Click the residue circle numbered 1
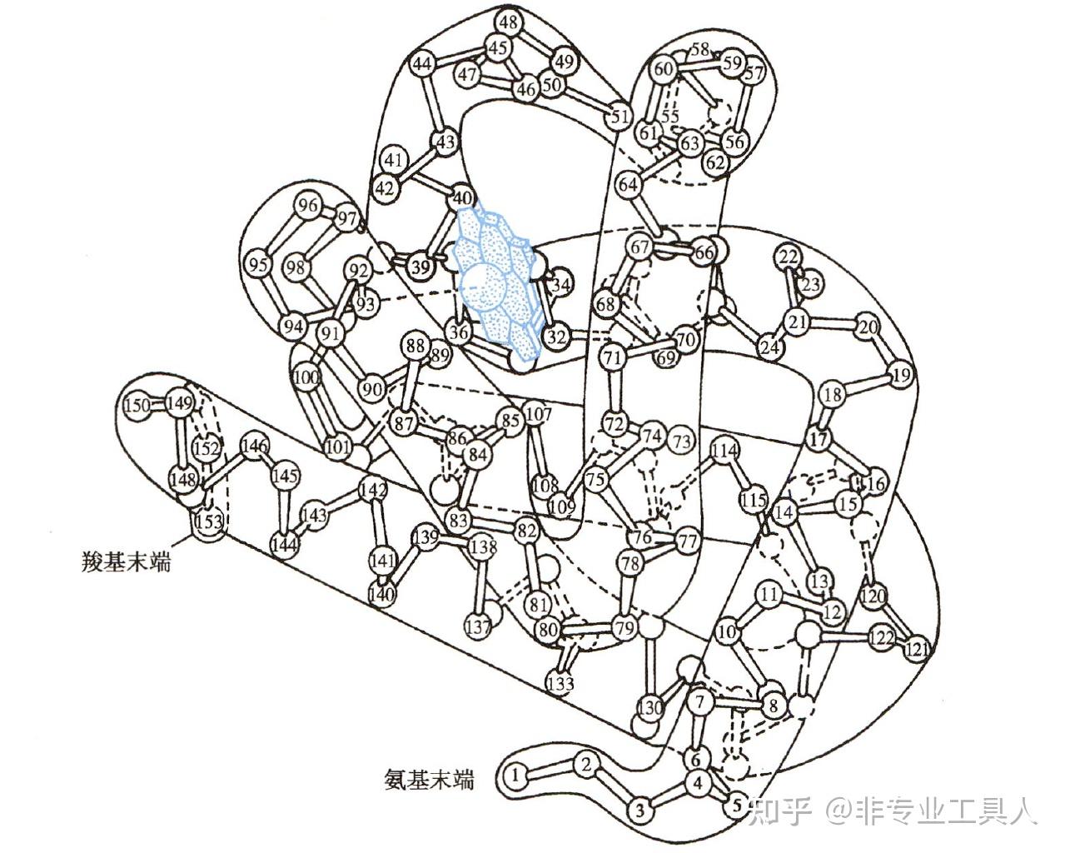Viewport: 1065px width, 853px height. (x=517, y=776)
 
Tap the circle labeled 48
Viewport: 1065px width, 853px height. (x=509, y=20)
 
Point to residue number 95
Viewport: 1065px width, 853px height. (x=260, y=266)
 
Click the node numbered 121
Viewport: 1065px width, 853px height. (x=916, y=648)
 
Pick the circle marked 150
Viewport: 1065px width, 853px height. (x=137, y=406)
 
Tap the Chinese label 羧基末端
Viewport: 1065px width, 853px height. (x=122, y=562)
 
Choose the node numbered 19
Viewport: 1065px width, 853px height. (x=900, y=375)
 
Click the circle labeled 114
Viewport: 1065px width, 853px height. (x=725, y=451)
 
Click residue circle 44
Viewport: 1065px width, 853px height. (x=423, y=64)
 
